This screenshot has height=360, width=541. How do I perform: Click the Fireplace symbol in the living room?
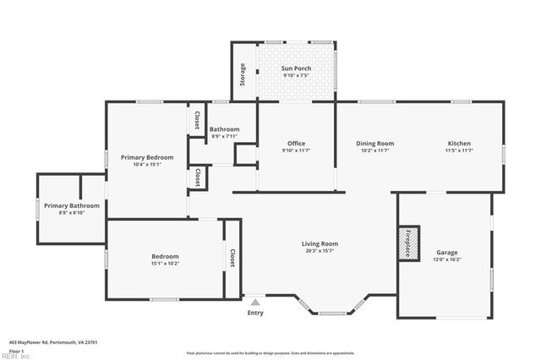(409, 243)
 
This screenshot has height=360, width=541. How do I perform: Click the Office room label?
(296, 144)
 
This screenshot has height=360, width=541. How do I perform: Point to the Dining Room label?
(374, 144)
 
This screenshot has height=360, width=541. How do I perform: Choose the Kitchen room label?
(459, 144)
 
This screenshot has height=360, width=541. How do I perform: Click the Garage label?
(446, 253)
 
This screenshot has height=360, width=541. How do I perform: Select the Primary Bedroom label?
(147, 157)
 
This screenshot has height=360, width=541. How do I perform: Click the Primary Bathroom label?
(72, 205)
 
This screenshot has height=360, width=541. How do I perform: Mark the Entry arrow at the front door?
(254, 301)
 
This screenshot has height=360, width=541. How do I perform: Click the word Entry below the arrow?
(254, 314)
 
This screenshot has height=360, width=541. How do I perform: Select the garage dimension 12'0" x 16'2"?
(446, 260)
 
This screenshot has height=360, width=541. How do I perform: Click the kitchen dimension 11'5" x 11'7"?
(459, 151)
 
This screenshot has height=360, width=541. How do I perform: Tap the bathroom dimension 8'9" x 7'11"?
(225, 136)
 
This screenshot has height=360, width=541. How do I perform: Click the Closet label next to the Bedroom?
(231, 258)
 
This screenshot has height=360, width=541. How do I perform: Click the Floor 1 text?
(15, 350)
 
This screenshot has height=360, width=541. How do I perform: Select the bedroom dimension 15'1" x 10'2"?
(165, 264)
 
